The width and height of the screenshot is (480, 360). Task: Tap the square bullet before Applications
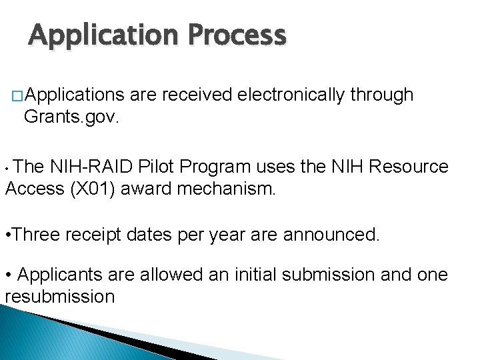[17, 97]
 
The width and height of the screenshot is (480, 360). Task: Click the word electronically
[290, 95]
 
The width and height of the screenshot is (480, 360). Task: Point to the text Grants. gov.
[71, 117]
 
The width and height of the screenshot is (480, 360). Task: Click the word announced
[331, 234]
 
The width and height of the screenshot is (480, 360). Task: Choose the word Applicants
[59, 275]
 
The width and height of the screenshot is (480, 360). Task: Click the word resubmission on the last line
[60, 296]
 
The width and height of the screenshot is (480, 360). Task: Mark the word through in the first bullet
[383, 95]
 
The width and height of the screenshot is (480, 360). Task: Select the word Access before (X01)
[34, 189]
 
